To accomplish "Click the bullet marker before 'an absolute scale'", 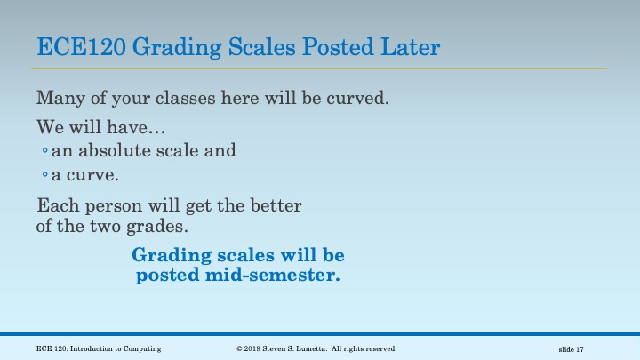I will tap(44, 151).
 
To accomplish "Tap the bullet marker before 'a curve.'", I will tap(44, 174).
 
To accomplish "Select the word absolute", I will tap(117, 150).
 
